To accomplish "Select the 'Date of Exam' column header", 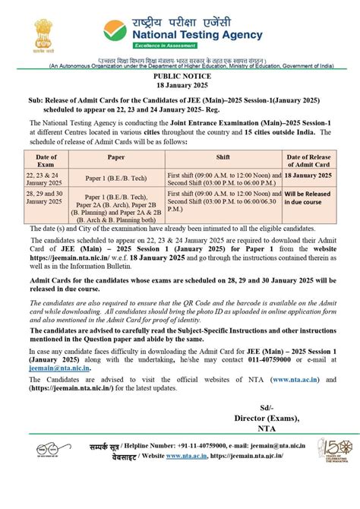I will (46, 160).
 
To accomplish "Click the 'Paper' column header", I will (116, 157).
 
